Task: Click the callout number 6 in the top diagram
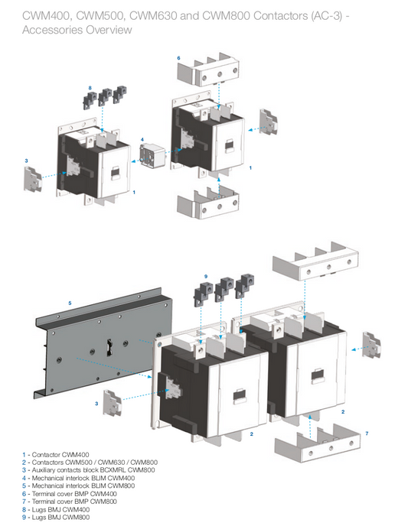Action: [178, 58]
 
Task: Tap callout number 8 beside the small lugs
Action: [90, 89]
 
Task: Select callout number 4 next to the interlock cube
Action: [142, 139]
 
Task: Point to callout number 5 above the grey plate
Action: [70, 304]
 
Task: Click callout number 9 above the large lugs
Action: [206, 275]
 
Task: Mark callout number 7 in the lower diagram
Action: [367, 433]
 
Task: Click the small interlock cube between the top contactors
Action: [152, 157]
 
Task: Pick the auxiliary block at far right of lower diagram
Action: [371, 345]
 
